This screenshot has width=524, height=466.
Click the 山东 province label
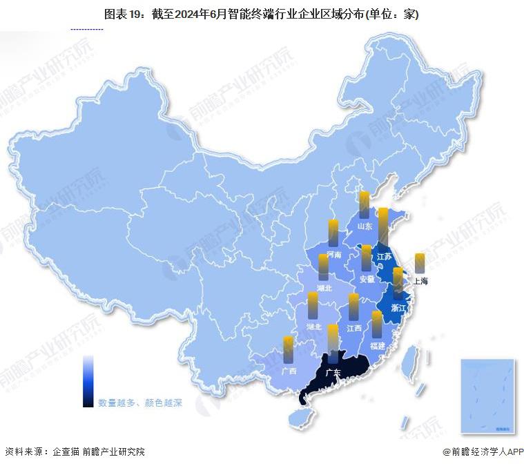point(364,226)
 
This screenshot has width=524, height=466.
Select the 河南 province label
point(334,254)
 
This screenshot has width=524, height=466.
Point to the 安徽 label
point(367,279)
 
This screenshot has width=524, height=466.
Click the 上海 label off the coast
point(420,281)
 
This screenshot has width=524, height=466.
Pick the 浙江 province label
point(398,307)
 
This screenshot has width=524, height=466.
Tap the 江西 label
point(355,327)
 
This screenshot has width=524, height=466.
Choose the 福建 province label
point(377,344)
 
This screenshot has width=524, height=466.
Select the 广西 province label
point(289,371)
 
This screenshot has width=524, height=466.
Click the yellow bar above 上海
point(420,263)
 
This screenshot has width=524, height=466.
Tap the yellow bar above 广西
point(288,349)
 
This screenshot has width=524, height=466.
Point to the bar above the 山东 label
point(364,205)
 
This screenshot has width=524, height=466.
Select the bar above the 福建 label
point(377,324)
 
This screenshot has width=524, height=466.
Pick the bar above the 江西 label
point(354,307)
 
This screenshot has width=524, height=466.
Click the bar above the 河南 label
point(333,233)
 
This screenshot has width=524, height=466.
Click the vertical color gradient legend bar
point(88,381)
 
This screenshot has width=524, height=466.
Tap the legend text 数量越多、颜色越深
point(140,402)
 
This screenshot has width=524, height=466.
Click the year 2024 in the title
point(197,14)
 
